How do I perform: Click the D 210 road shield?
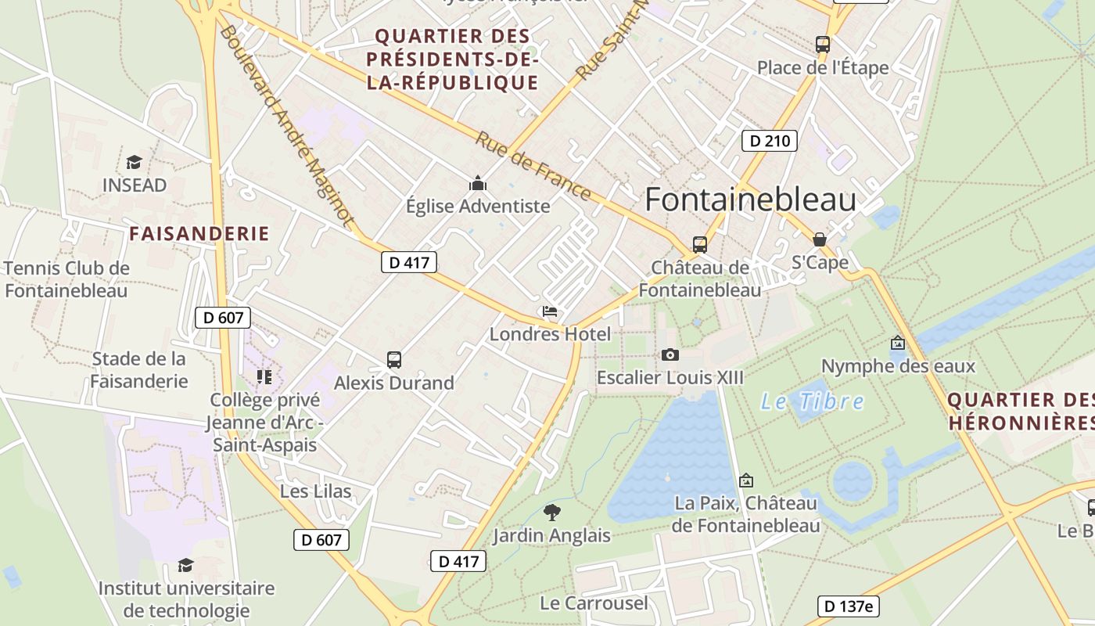click(x=769, y=141)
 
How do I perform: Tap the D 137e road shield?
click(x=848, y=606)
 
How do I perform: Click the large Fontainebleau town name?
click(x=750, y=200)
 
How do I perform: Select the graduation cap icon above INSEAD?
click(x=135, y=163)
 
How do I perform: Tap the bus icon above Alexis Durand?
click(x=394, y=360)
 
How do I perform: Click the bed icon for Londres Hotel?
click(x=550, y=312)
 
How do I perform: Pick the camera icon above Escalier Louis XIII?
click(x=670, y=355)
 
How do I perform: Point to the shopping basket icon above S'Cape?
click(x=820, y=239)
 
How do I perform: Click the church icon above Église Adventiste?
click(x=477, y=185)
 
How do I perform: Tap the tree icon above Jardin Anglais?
click(x=551, y=513)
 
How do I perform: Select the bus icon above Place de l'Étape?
click(x=823, y=45)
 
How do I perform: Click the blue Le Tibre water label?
click(x=813, y=402)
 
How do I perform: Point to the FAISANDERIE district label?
click(x=199, y=233)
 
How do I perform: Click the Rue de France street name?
click(x=533, y=166)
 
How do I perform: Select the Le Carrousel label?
click(x=594, y=603)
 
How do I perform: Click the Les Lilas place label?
click(x=315, y=491)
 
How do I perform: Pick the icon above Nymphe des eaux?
click(x=898, y=343)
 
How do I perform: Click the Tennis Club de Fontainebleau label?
click(x=66, y=279)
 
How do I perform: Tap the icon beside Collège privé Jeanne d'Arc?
click(x=264, y=377)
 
